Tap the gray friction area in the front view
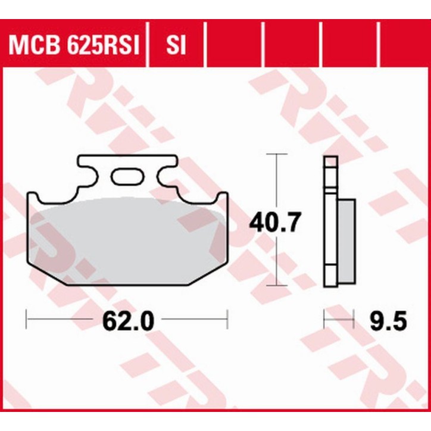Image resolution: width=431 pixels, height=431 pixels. coord(128,238)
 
